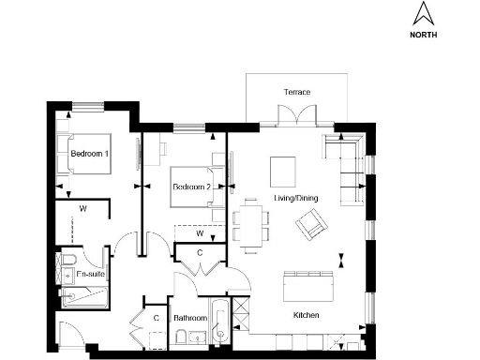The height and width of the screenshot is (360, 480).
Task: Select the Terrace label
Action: tap(297, 92)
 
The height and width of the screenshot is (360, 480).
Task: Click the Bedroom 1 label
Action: tap(90, 153)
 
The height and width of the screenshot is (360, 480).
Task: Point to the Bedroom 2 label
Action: tap(191, 187)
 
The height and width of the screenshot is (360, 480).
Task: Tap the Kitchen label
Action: tap(307, 315)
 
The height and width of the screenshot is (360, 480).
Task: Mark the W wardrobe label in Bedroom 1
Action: tap(82, 207)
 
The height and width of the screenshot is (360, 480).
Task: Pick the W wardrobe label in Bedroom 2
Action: tap(200, 233)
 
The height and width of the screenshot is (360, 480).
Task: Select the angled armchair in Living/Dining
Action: tap(311, 225)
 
